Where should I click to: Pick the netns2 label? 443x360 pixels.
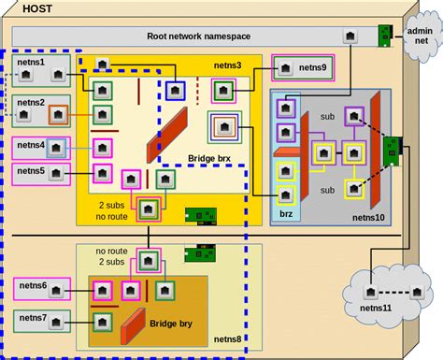[32, 102]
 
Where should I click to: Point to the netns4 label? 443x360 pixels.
[32, 145]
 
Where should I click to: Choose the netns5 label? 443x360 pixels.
[32, 170]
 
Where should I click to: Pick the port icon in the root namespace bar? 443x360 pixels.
[349, 37]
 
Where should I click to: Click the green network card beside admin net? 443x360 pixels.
[383, 36]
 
